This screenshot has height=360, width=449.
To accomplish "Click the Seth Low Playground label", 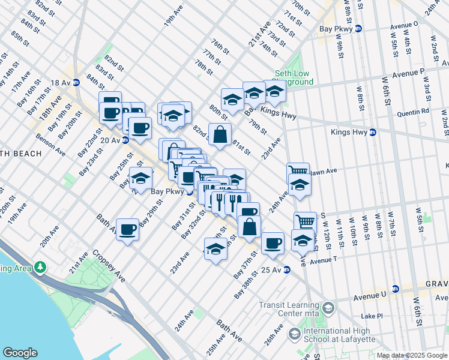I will tap(292, 77).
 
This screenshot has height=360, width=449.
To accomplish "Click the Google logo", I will tap(20, 353).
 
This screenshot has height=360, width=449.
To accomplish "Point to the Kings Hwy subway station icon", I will tap(372, 132).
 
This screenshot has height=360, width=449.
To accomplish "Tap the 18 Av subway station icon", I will tap(76, 83).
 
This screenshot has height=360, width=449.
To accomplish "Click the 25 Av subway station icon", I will tap(287, 270).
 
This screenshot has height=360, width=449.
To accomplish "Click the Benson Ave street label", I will tap(52, 146).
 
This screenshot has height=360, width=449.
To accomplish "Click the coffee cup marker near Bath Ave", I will tap(127, 229).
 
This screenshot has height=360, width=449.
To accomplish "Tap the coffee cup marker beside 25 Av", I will tap(273, 243).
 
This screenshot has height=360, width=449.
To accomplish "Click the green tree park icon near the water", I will tap(40, 266).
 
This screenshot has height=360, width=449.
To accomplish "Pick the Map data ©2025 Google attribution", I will tap(412, 355).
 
